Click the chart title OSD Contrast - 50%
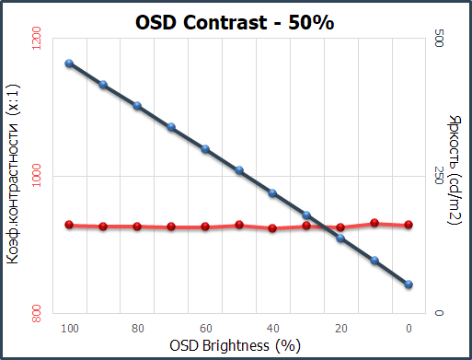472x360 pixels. click(x=235, y=22)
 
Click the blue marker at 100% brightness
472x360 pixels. click(x=69, y=64)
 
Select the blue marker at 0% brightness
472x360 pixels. click(x=409, y=285)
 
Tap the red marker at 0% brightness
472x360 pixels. click(x=409, y=225)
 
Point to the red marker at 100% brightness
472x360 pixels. click(x=69, y=225)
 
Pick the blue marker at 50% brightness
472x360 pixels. click(x=239, y=170)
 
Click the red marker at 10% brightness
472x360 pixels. click(x=374, y=223)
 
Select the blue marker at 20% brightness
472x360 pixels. click(x=340, y=238)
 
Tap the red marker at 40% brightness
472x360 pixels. click(x=272, y=228)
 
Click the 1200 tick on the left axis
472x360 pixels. click(x=36, y=38)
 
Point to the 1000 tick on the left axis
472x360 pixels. click(x=36, y=175)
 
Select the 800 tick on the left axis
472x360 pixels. click(x=36, y=313)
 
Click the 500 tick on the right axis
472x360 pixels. click(x=439, y=39)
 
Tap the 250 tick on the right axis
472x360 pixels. click(x=439, y=175)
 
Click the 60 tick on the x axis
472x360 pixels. click(x=206, y=329)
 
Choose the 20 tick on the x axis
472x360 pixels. click(x=341, y=329)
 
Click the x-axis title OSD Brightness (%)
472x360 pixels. click(x=235, y=346)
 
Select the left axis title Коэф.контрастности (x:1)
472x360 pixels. click(x=13, y=174)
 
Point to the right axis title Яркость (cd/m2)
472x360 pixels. click(x=455, y=169)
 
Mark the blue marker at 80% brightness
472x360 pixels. click(x=137, y=106)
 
